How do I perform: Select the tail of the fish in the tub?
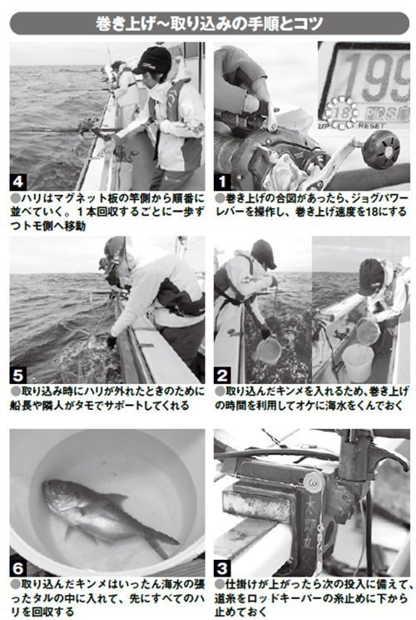tap(163, 542)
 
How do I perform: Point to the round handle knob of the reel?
tap(374, 149)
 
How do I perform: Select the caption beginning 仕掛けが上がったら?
tap(311, 598)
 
